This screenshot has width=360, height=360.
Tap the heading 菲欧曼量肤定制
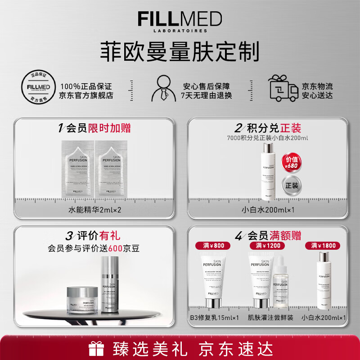tap(180, 51)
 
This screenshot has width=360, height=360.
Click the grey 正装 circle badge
tap(290, 185)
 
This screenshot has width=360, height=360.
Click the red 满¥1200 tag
tap(268, 245)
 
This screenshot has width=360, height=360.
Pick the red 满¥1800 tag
tap(323, 245)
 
